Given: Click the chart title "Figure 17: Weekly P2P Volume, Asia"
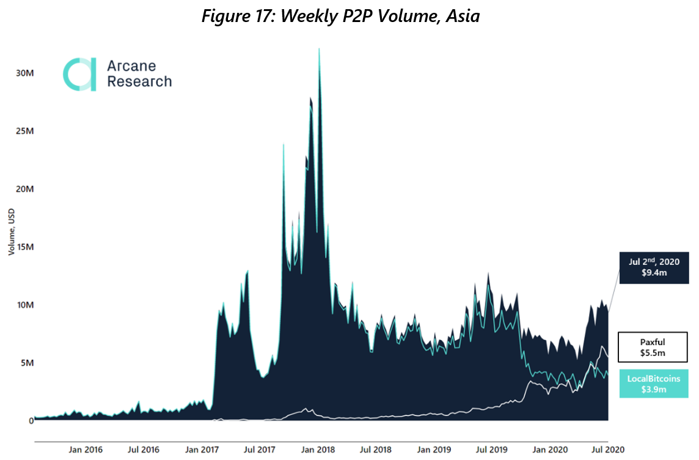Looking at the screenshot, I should tap(340, 16).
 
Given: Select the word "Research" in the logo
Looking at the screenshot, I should tap(139, 81).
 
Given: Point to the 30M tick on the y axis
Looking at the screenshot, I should tap(24, 73).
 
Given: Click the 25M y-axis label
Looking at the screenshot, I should tap(24, 131).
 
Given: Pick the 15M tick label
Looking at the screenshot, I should tap(24, 247).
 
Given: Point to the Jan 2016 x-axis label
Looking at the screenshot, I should tap(86, 450).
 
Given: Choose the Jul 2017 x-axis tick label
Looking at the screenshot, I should tap(259, 450).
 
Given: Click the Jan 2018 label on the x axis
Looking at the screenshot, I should tap(317, 450).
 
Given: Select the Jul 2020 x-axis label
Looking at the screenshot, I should tap(607, 450).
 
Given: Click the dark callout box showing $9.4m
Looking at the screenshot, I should tap(654, 267).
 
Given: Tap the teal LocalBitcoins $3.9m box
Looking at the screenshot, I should tap(654, 384).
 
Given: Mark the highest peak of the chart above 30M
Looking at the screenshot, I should tap(319, 50).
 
